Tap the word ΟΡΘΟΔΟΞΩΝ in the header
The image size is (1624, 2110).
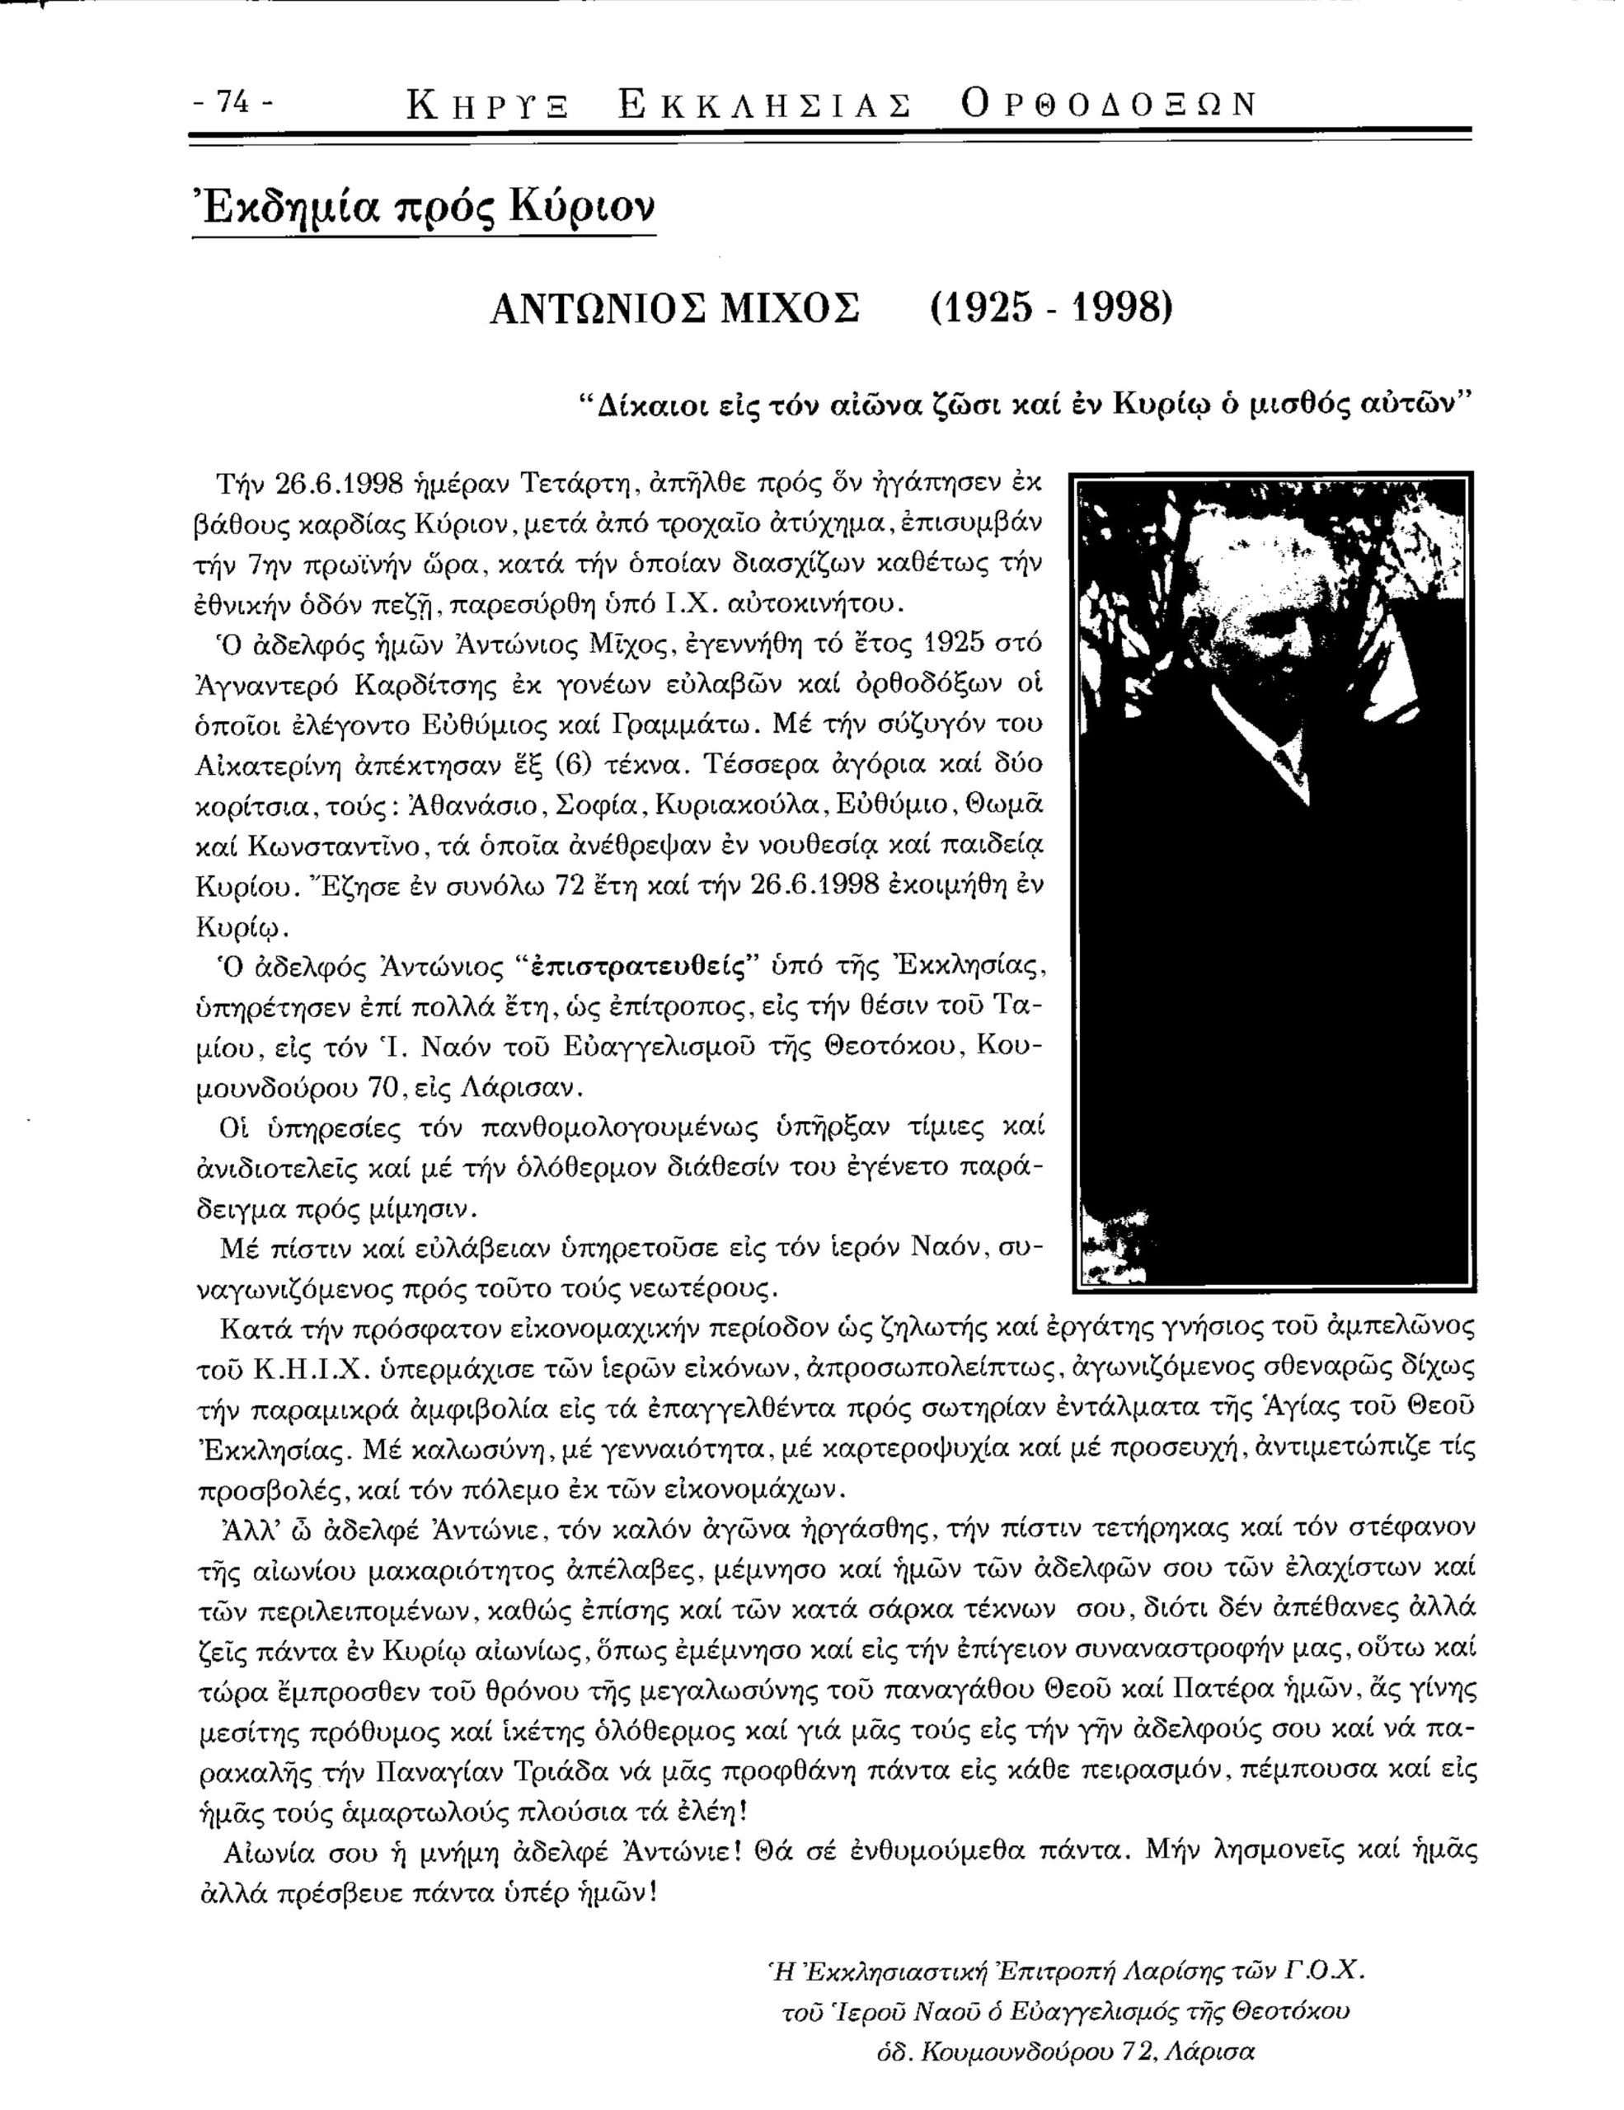pos(1109,103)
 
